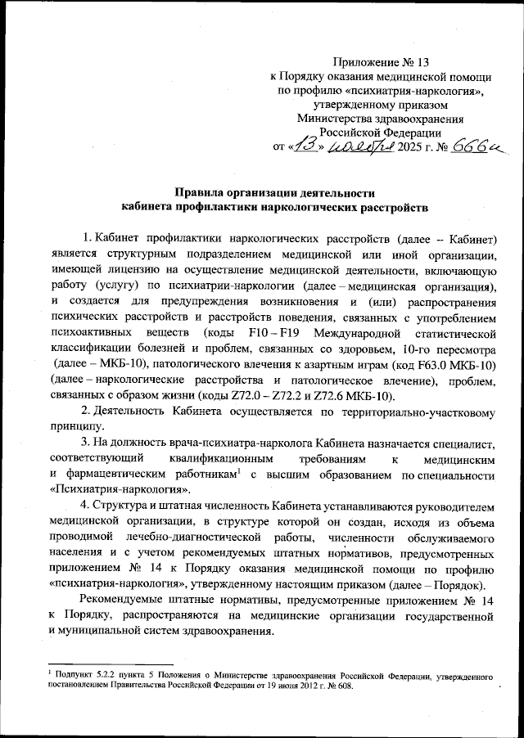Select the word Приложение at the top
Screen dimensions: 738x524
click(368, 61)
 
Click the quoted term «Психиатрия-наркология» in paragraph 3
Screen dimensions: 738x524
click(115, 489)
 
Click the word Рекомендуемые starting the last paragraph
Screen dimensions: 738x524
click(126, 600)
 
